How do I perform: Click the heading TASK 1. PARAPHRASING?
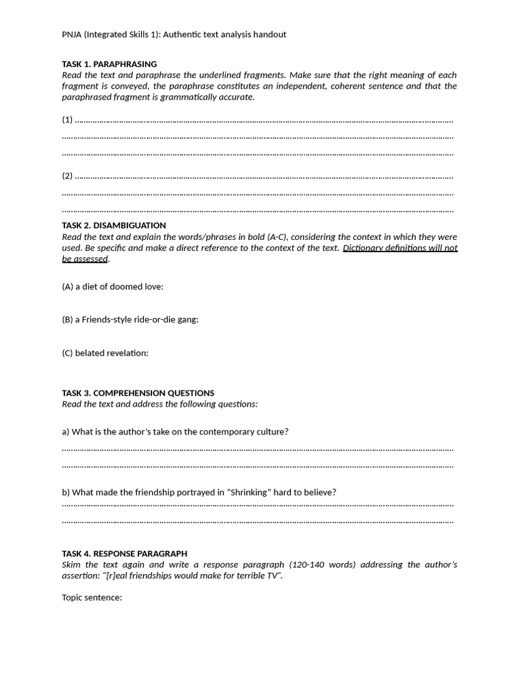pos(109,64)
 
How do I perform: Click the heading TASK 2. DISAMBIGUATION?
pos(114,226)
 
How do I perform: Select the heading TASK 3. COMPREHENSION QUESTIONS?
pos(138,393)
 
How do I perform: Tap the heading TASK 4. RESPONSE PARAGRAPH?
pos(124,554)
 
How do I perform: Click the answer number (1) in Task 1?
pos(67,120)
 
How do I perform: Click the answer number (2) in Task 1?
pos(67,176)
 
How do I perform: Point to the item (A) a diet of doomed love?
pos(113,287)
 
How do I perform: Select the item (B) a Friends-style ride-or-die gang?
pos(130,320)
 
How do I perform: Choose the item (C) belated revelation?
pos(105,353)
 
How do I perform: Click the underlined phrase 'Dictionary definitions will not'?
pos(400,248)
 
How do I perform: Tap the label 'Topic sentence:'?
pos(92,598)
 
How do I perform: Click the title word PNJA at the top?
pos(72,35)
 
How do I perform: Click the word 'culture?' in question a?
pos(271,432)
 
